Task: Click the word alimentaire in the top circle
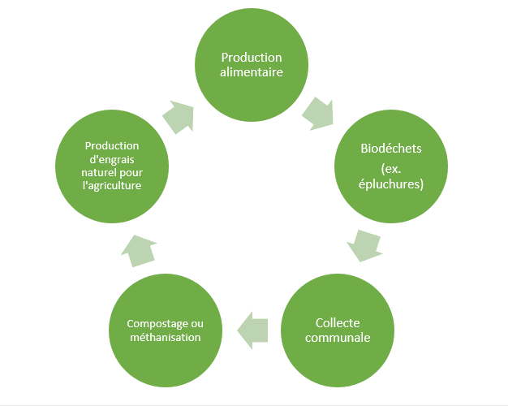[252, 72]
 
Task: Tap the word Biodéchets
[391, 149]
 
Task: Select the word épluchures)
[391, 184]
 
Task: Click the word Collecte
[338, 323]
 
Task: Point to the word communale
[338, 338]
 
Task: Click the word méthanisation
[166, 337]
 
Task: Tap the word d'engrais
[112, 160]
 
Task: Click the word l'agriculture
[112, 185]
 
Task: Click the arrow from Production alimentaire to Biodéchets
[318, 114]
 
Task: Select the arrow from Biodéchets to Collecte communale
[365, 245]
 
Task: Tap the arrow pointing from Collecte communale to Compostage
[252, 330]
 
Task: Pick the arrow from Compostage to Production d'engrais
[139, 251]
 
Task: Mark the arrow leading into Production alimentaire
[179, 117]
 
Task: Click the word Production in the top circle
[252, 58]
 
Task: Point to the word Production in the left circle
[112, 146]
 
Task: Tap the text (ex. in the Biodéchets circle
[391, 169]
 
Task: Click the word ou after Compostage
[197, 324]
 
